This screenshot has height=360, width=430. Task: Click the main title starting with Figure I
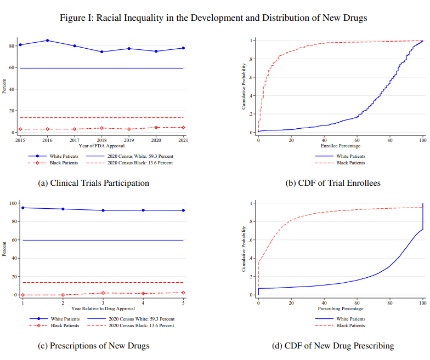point(213,18)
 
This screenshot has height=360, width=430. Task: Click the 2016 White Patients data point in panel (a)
point(47,41)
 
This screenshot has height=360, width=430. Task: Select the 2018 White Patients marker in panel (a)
point(101,52)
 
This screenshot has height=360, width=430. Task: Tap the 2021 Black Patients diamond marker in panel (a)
point(183,128)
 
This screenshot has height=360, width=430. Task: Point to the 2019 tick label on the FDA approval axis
point(129,140)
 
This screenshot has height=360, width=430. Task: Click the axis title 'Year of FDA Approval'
point(101,146)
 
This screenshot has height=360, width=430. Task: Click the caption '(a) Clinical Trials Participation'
point(93,183)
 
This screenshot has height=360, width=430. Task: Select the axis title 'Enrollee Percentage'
point(340,146)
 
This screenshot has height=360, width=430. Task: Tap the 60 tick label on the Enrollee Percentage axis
point(357,140)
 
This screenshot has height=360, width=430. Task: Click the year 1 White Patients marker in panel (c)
point(22,208)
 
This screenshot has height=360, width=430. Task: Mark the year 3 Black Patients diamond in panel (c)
point(103,293)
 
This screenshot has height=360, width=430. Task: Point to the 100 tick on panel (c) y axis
point(13,204)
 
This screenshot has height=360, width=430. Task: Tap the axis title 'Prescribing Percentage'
point(340,309)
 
